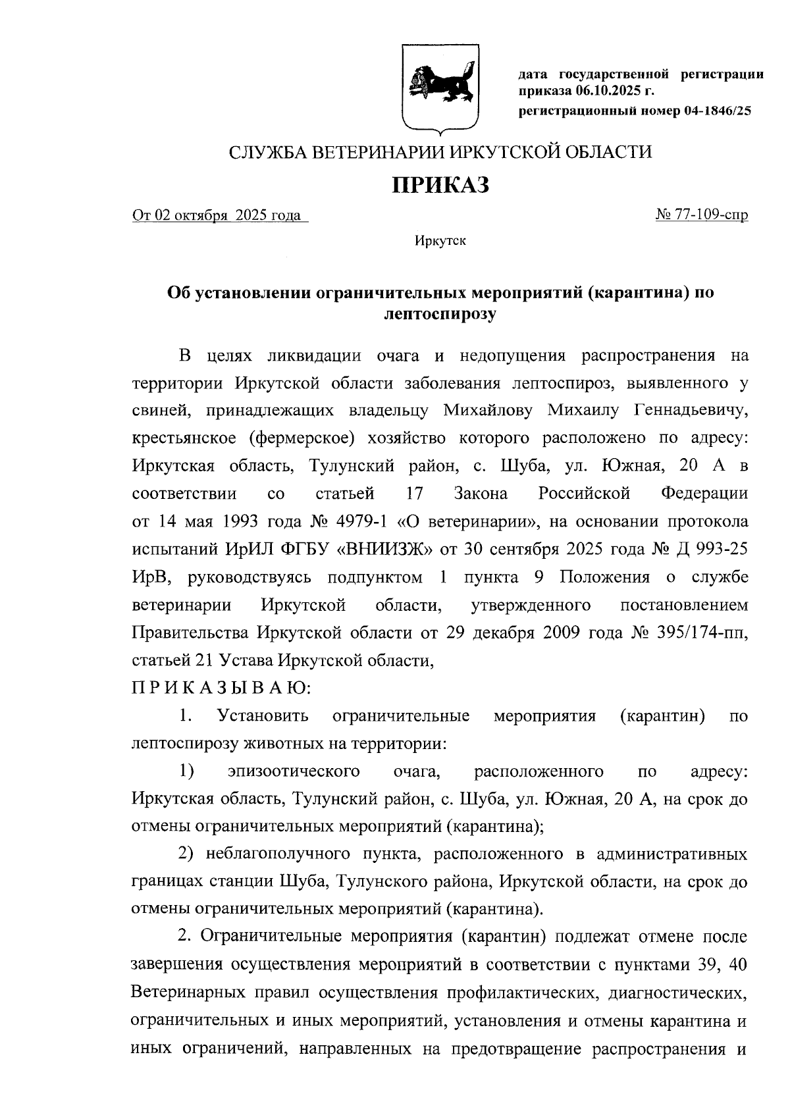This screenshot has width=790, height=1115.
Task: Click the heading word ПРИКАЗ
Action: point(440,185)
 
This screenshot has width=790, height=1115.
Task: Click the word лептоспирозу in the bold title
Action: point(440,314)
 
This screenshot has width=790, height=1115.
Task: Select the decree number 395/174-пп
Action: point(702,633)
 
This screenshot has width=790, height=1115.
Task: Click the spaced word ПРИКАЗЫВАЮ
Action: point(221,688)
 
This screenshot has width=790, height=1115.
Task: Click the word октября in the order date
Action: point(201,215)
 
